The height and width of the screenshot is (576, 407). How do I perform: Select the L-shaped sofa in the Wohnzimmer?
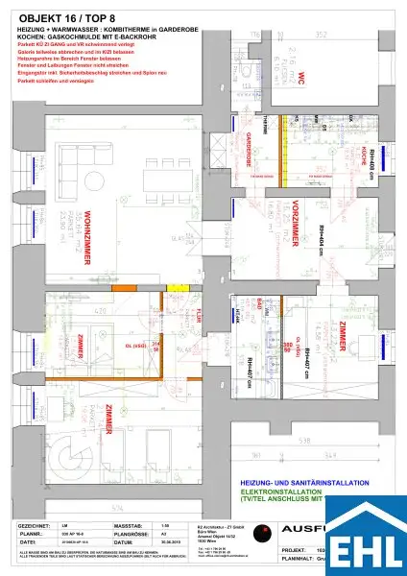72,174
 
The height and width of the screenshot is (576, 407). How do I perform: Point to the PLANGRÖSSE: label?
131,535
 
